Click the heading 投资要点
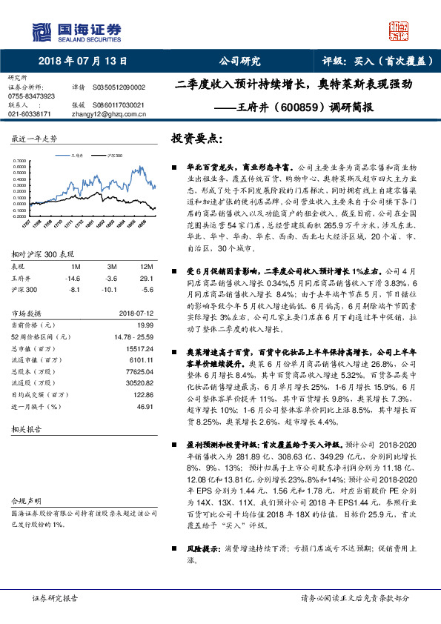coord(196,139)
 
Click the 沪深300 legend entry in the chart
coord(116,156)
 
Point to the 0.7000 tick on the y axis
coord(23,160)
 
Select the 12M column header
coord(146,265)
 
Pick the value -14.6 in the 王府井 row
coord(73,277)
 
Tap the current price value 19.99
coord(145,325)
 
